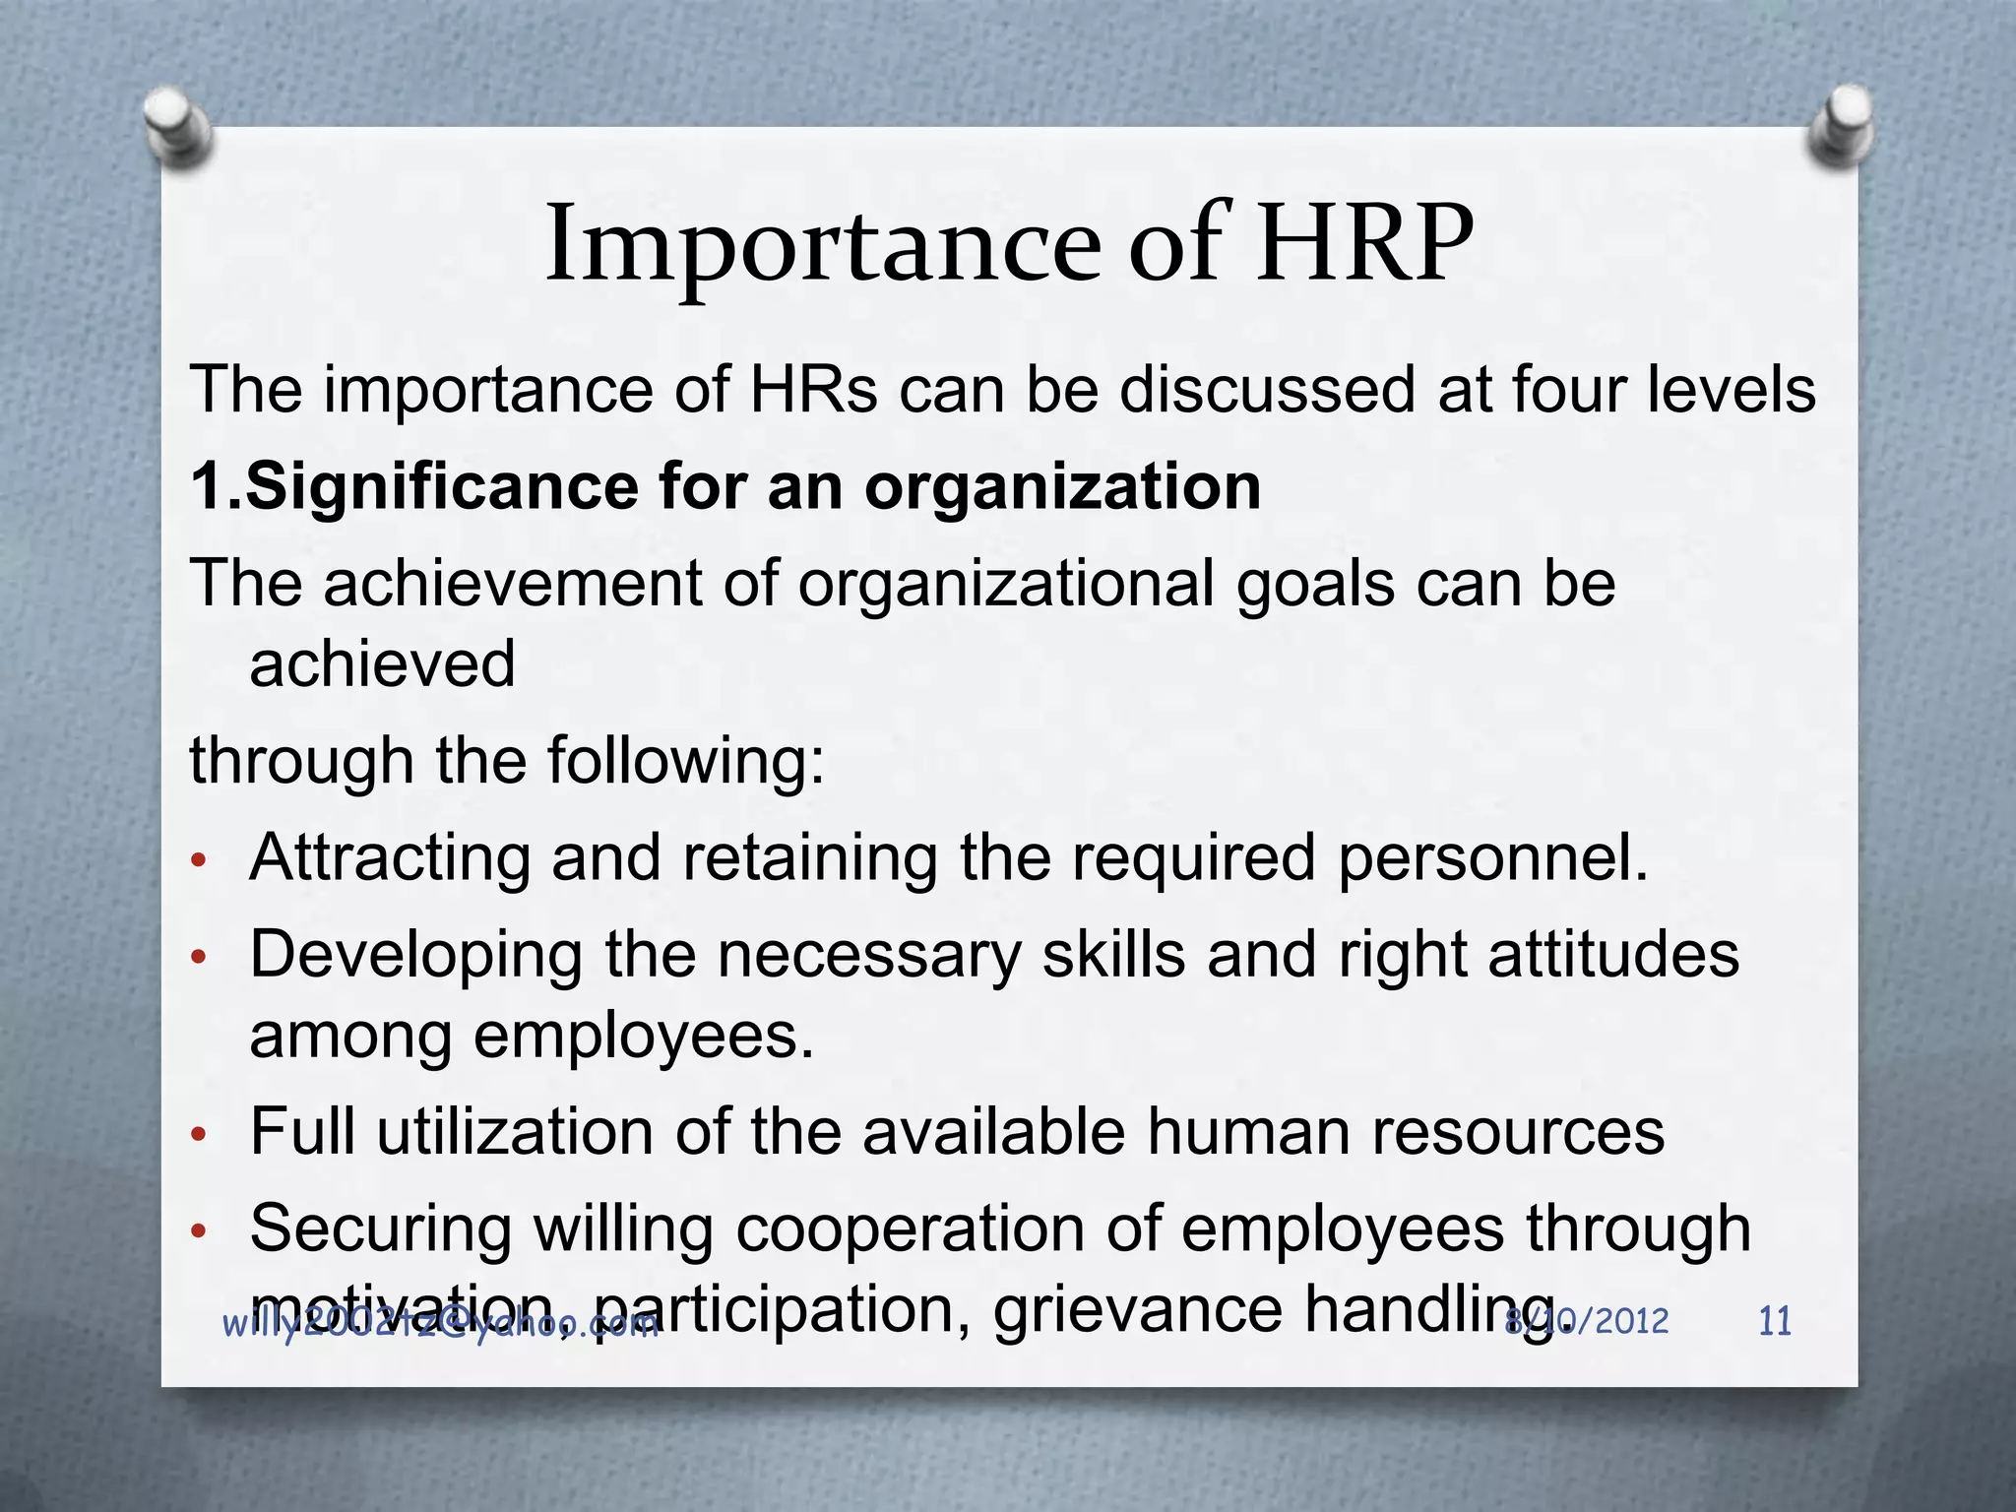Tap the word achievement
point(512,583)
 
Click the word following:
point(686,761)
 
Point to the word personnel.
point(1492,858)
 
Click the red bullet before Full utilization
point(198,1134)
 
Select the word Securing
point(381,1230)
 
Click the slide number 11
point(1774,1321)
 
